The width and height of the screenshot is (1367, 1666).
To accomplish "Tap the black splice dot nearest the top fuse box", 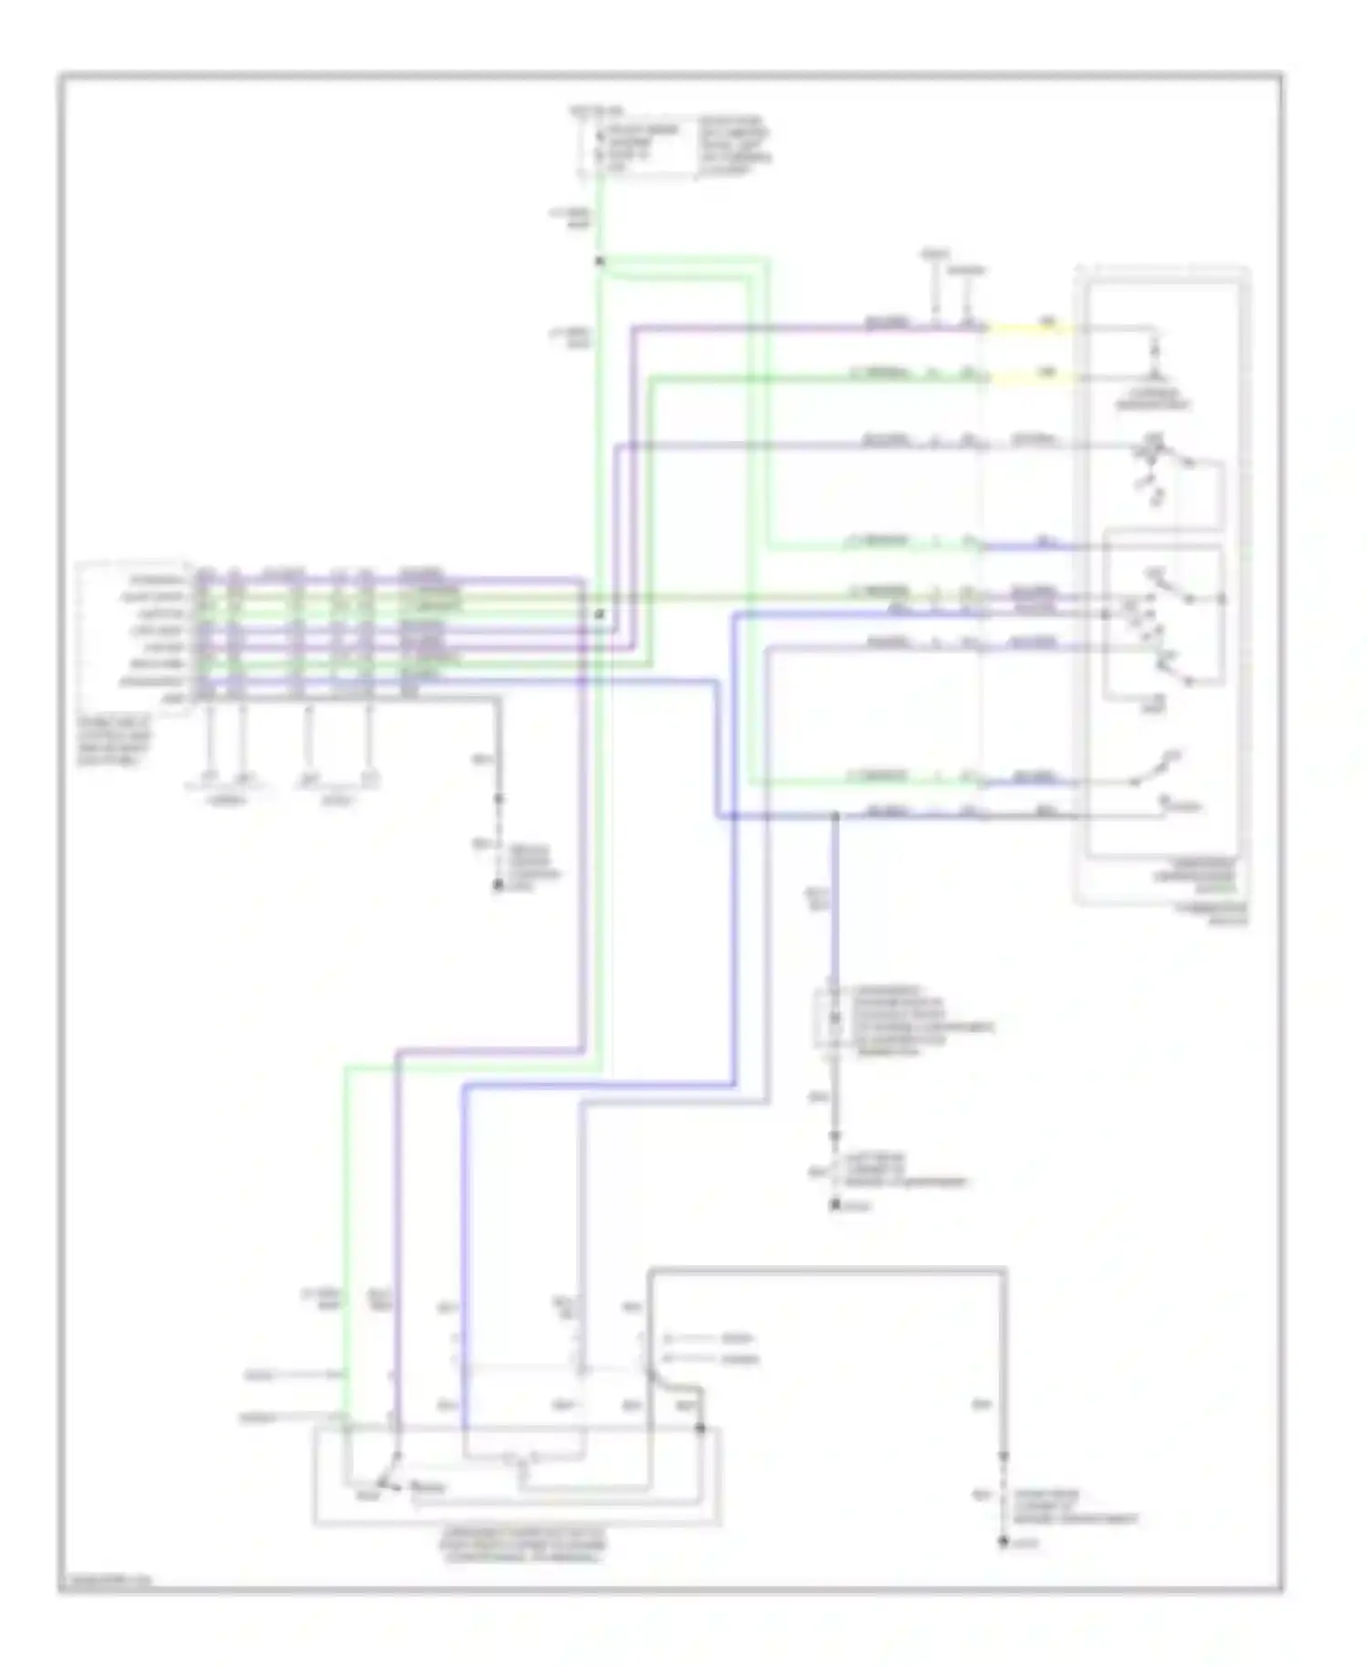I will (600, 262).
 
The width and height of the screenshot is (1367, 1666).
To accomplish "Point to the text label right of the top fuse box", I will (735, 145).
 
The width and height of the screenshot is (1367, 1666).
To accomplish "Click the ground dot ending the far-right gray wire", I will (1003, 1541).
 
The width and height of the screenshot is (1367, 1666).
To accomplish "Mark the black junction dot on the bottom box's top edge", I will (701, 1428).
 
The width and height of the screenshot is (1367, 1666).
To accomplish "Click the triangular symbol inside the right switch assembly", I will (1156, 375).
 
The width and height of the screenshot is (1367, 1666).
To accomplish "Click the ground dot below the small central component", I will (834, 1205).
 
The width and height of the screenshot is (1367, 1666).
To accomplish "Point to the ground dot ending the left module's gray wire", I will (498, 885).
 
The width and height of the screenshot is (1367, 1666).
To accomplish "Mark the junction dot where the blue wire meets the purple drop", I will (834, 816).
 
